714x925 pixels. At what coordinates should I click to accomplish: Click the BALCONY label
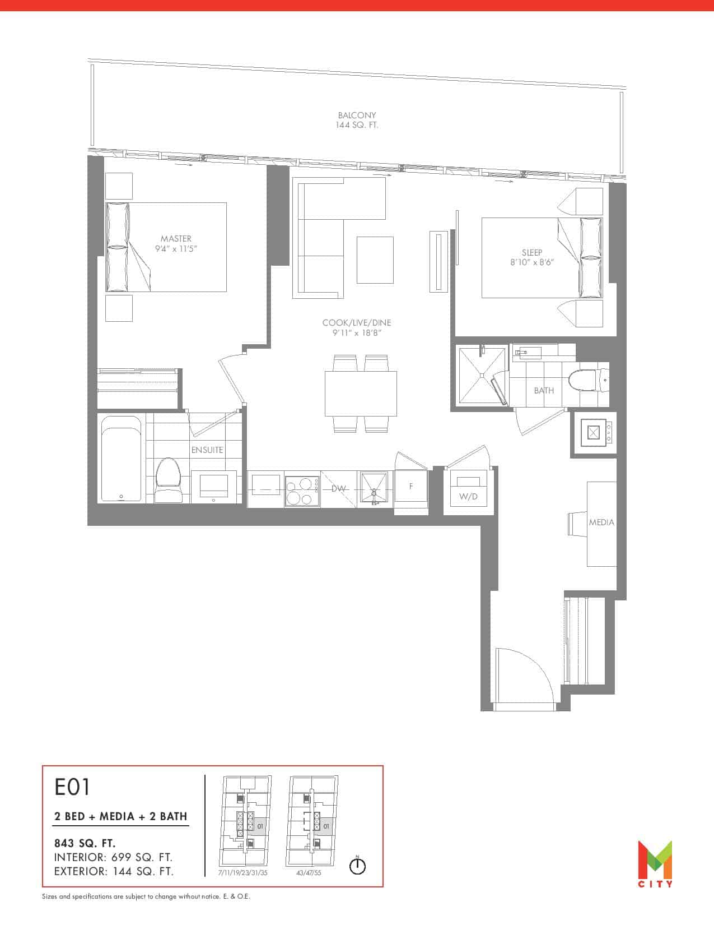click(x=357, y=115)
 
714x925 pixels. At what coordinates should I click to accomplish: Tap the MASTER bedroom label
click(x=176, y=238)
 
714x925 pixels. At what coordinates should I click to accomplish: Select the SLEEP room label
click(x=531, y=252)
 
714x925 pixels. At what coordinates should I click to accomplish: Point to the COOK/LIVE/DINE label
click(x=356, y=323)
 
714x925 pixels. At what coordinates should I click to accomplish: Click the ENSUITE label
click(x=207, y=450)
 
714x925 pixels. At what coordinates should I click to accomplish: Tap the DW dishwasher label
click(x=338, y=488)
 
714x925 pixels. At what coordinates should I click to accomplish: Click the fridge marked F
click(x=411, y=489)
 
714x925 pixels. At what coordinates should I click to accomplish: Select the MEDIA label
click(x=601, y=522)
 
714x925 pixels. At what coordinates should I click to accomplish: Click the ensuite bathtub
click(x=121, y=459)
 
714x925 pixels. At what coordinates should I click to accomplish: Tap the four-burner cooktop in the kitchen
click(x=302, y=489)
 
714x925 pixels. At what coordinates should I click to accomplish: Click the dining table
click(x=361, y=394)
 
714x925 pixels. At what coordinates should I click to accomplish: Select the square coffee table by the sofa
click(x=375, y=260)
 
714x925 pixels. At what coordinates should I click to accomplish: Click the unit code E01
click(x=72, y=787)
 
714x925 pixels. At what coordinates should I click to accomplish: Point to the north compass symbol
click(x=357, y=866)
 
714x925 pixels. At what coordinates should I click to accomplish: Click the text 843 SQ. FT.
click(x=85, y=843)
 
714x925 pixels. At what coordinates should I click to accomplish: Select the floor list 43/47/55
click(x=309, y=873)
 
